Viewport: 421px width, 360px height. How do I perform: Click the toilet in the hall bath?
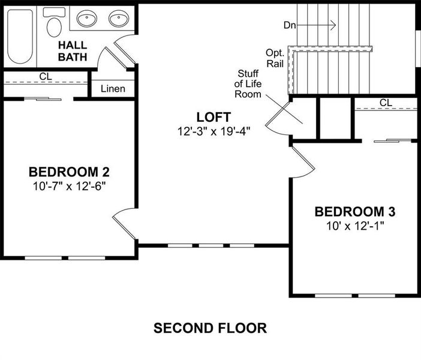pyautogui.click(x=55, y=24)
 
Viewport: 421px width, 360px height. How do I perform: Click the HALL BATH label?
pyautogui.click(x=73, y=51)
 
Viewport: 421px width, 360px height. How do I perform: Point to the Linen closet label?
pyautogui.click(x=113, y=89)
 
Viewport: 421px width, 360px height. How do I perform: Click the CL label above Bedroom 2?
pyautogui.click(x=45, y=76)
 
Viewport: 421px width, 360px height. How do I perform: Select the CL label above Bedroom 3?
pyautogui.click(x=386, y=103)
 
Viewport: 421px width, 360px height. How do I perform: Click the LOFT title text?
pyautogui.click(x=213, y=116)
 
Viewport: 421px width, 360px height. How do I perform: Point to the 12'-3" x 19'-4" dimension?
pyautogui.click(x=214, y=130)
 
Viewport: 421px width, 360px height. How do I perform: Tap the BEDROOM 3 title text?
pyautogui.click(x=354, y=211)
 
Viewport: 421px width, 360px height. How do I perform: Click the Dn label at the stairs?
pyautogui.click(x=290, y=25)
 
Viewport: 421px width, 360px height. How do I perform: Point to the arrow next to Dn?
pyautogui.click(x=318, y=25)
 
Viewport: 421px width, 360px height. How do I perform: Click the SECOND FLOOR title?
pyautogui.click(x=210, y=328)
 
